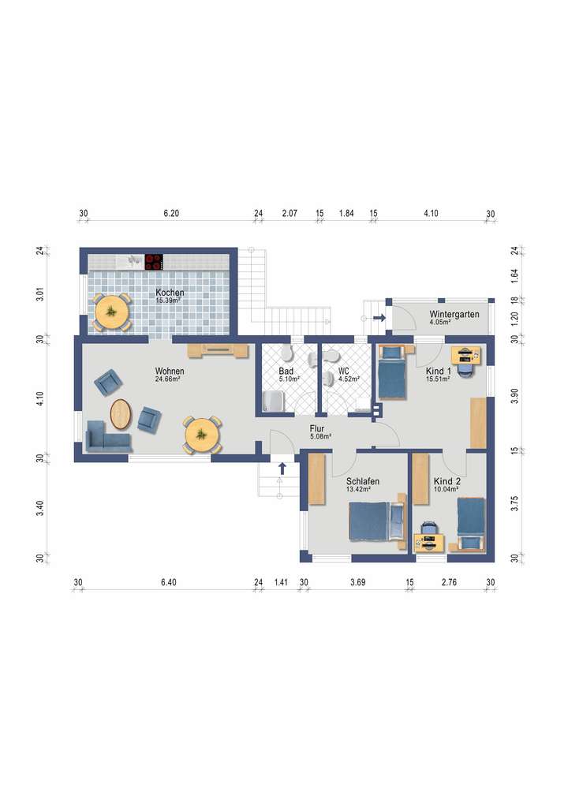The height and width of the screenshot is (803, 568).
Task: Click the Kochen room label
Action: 170,293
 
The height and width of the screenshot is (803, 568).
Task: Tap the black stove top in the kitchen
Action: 154,262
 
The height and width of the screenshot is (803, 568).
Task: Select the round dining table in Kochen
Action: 111,312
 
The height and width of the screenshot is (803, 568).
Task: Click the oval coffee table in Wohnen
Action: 121,414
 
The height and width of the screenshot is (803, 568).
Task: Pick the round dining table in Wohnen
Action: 202,435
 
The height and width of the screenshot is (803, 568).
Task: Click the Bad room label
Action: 286,371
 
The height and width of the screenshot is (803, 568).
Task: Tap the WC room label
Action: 344,371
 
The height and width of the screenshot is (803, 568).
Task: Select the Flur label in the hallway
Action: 317,428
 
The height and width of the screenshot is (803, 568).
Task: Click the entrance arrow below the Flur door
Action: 282,468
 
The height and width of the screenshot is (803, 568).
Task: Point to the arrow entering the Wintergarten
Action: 379,318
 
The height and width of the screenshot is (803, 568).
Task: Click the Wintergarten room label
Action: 454,314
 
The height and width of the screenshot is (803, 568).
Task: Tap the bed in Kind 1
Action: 392,372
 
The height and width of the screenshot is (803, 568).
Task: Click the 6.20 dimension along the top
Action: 171,213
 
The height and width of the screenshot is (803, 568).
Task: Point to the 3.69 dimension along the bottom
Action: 357,582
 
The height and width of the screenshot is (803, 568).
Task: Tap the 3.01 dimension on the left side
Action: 40,294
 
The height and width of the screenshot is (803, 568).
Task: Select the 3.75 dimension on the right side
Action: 514,503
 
